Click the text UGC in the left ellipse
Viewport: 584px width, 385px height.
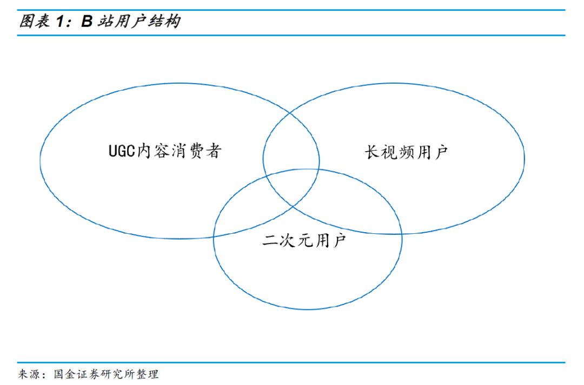[x=122, y=151]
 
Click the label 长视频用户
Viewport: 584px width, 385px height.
[x=406, y=152]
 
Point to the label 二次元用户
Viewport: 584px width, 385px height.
[x=304, y=240]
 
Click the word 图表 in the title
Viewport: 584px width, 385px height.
[x=34, y=21]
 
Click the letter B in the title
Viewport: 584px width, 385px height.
[x=87, y=22]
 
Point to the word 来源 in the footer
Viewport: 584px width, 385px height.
[x=29, y=374]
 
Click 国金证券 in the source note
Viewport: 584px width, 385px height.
[x=77, y=374]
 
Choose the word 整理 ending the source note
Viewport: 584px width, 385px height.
[x=148, y=374]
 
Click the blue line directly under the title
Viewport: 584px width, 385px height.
[x=291, y=35]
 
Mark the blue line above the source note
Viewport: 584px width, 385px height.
[x=291, y=362]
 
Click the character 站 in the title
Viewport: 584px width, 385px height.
[x=105, y=21]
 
